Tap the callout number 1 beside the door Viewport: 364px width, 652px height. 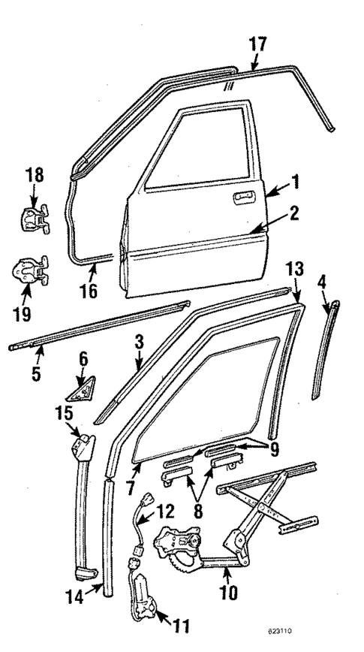point(296,181)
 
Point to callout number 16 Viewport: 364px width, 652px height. point(89,289)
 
